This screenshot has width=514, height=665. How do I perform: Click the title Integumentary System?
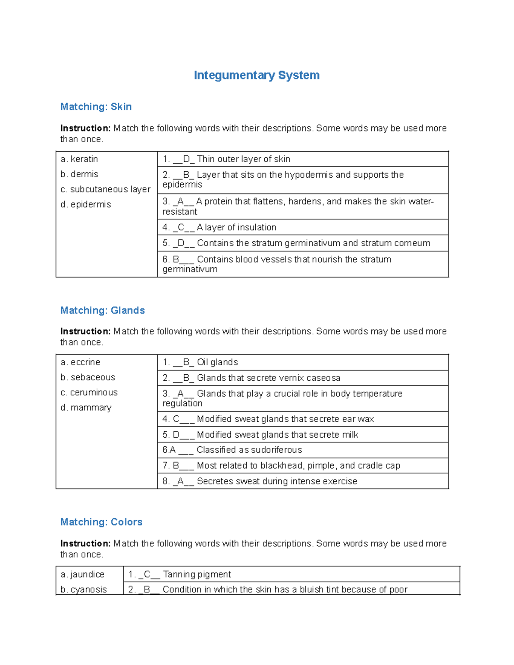coord(257,75)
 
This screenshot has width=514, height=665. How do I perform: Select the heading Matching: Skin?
coord(96,107)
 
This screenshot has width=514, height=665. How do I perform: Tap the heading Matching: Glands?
coord(102,310)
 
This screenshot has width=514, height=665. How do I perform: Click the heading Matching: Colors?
coord(101,522)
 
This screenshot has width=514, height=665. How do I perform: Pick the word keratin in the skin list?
coord(84,159)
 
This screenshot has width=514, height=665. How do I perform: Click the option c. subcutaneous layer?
coord(105,189)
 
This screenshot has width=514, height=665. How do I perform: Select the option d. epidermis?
coord(86,205)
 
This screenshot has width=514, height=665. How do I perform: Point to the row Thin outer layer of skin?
coord(243,159)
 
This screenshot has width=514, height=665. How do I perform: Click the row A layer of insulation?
coord(236,227)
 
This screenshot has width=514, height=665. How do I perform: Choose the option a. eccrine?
coord(81,362)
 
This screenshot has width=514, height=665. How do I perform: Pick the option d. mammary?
coord(86,408)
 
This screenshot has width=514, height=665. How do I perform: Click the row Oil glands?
coord(217,362)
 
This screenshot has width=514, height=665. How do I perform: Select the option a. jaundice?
coord(83,575)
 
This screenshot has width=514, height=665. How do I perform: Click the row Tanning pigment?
coord(197,575)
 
